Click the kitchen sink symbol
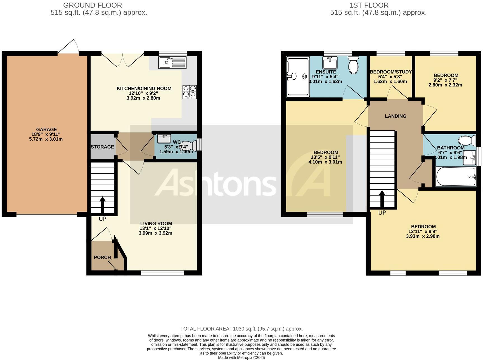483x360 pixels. [172, 62]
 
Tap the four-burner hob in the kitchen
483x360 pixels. [189, 91]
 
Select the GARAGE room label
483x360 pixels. [46, 130]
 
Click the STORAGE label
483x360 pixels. [102, 147]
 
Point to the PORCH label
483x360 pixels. [102, 257]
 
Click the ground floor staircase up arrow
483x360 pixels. [102, 204]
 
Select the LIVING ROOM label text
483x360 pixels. [156, 223]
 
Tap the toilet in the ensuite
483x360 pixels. [354, 64]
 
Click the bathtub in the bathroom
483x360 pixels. [456, 177]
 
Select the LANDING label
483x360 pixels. [396, 116]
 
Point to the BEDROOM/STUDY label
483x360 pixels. [390, 72]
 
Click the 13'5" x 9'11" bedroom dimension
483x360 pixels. [326, 157]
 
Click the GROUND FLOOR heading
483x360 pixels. [93, 5]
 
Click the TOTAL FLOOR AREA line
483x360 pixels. [241, 329]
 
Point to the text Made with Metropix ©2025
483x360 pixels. [241, 357]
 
